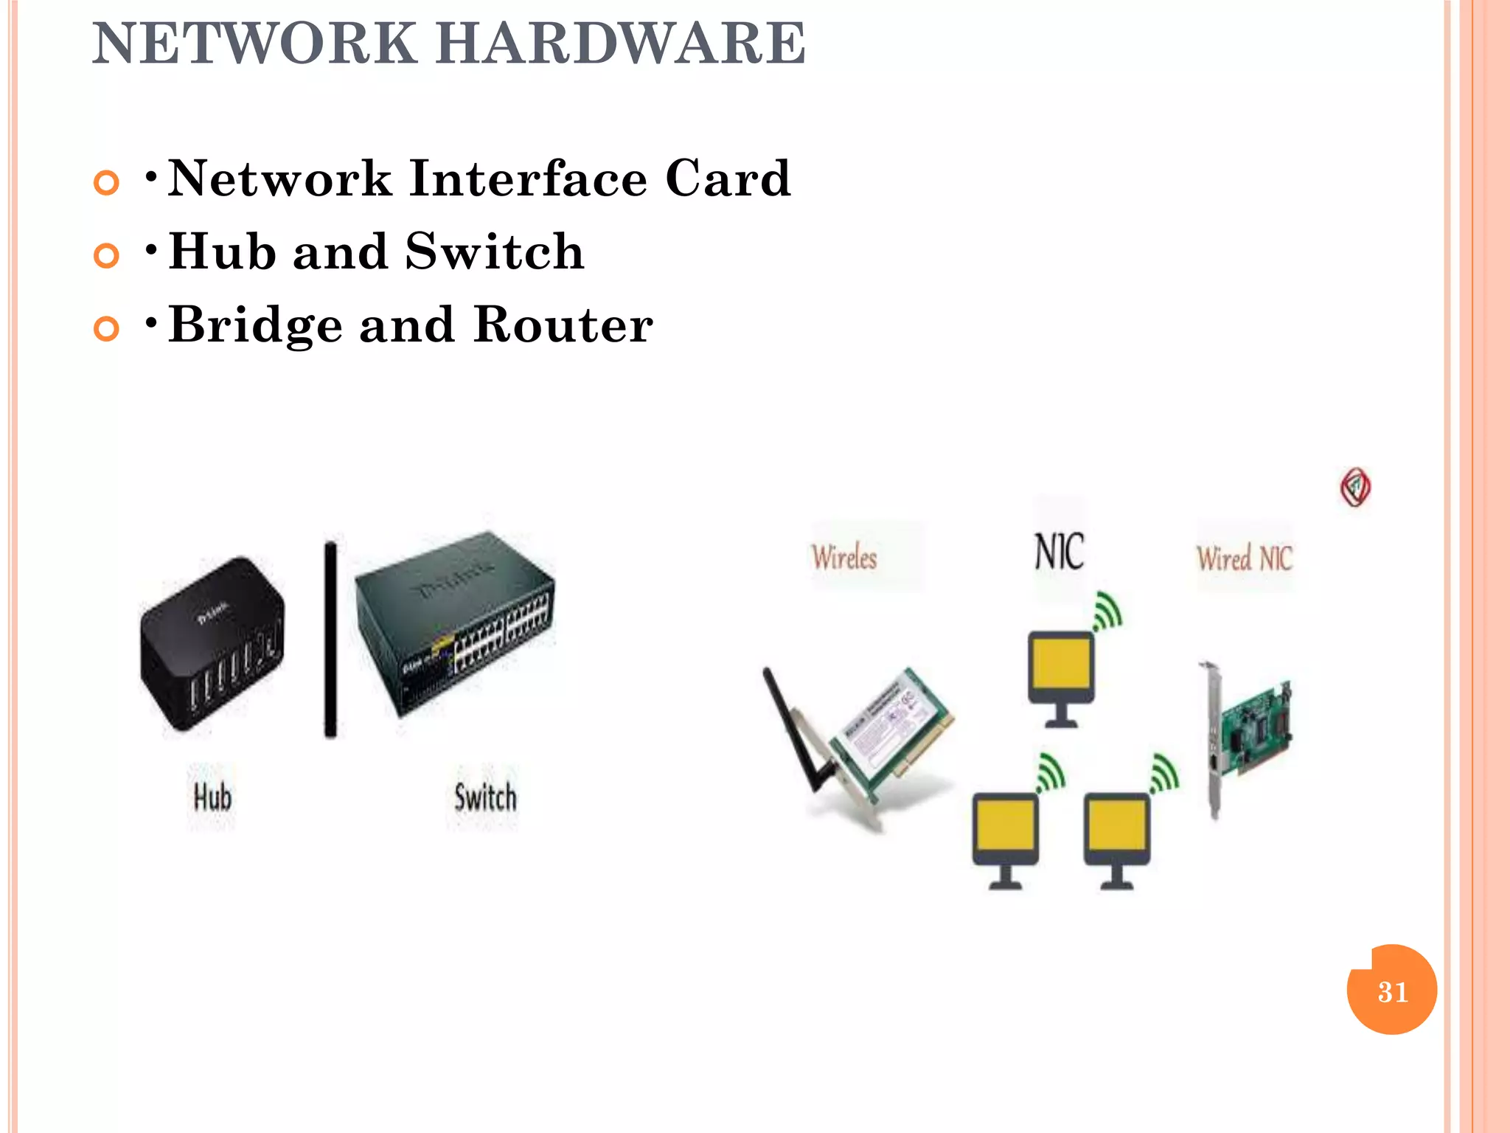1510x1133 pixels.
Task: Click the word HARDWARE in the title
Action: click(x=621, y=44)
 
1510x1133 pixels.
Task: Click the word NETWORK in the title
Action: click(x=254, y=44)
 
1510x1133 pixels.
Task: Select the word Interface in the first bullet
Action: click(x=528, y=179)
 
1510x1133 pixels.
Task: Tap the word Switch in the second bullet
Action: click(x=495, y=252)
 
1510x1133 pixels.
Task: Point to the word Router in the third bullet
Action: click(x=563, y=325)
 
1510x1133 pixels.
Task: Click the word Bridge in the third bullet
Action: click(x=256, y=325)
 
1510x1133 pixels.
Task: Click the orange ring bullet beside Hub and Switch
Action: click(x=107, y=255)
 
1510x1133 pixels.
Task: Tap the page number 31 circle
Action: click(x=1391, y=990)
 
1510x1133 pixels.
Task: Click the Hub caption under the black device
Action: click(x=212, y=797)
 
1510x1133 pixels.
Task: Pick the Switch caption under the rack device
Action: click(x=485, y=797)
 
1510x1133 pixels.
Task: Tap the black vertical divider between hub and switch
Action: click(x=331, y=639)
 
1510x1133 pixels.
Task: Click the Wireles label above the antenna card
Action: click(x=845, y=558)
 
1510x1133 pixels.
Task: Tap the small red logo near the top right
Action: click(x=1355, y=488)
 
